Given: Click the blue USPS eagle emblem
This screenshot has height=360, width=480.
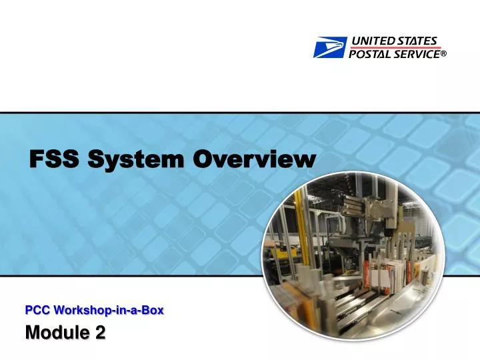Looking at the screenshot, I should (329, 47).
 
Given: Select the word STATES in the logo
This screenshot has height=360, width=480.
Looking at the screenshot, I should (417, 41).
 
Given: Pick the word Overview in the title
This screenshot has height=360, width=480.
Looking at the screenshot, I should (253, 160).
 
